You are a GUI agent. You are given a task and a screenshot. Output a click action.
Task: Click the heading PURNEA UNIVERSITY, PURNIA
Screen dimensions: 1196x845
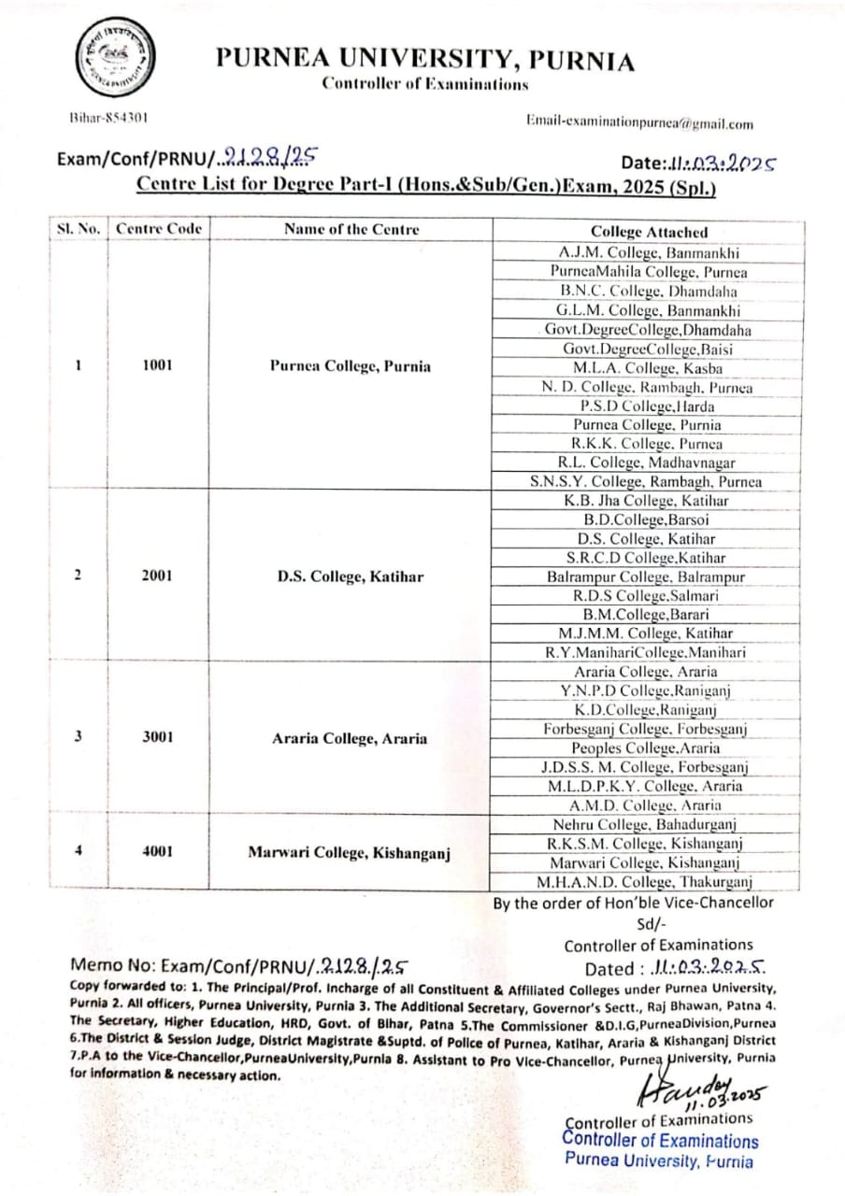pos(425,61)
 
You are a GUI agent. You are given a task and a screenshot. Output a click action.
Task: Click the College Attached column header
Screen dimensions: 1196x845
pos(649,232)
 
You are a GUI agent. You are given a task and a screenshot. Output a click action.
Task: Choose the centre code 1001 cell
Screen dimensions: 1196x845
pos(157,365)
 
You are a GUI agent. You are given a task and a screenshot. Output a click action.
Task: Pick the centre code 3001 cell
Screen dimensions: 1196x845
pos(157,735)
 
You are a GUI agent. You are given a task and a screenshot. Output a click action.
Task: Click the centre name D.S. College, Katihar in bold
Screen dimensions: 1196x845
pos(351,576)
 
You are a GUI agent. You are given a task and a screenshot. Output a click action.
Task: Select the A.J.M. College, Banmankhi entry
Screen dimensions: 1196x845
pos(649,252)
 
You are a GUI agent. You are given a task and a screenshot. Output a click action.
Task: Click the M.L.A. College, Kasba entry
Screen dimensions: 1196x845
pos(649,367)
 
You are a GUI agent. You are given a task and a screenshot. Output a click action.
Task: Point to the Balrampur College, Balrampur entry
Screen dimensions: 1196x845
pos(646,577)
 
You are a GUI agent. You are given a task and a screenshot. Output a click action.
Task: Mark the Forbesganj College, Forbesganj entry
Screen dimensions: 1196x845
pos(646,728)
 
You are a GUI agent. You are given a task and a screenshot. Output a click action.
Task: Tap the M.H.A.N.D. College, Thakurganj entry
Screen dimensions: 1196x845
pos(646,882)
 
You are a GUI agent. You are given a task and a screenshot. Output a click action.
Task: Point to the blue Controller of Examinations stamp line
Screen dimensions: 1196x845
pos(661,1140)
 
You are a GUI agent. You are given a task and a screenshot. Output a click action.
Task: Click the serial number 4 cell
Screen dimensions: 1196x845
pos(79,851)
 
